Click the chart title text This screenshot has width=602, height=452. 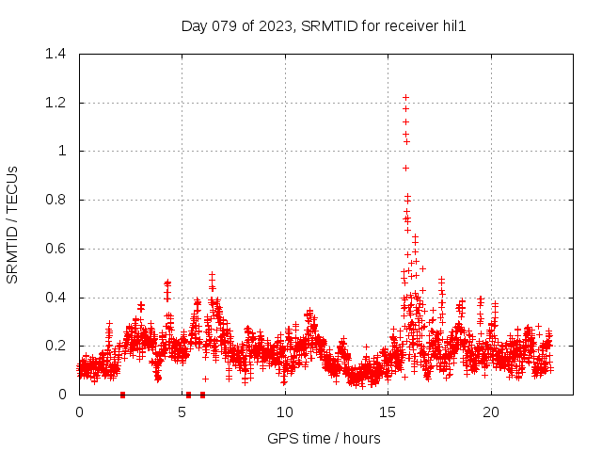pyautogui.click(x=324, y=26)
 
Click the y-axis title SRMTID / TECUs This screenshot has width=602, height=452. pyautogui.click(x=12, y=225)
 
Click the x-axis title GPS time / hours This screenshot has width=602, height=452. pyautogui.click(x=324, y=438)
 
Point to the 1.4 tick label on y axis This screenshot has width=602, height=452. pyautogui.click(x=55, y=54)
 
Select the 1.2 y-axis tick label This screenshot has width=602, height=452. pyautogui.click(x=55, y=103)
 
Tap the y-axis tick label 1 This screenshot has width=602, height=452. pyautogui.click(x=61, y=152)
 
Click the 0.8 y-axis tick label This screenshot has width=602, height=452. pyautogui.click(x=55, y=200)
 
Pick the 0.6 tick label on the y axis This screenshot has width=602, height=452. pyautogui.click(x=55, y=249)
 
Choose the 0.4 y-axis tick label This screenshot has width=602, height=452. pyautogui.click(x=55, y=298)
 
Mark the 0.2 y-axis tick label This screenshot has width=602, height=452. pyautogui.click(x=55, y=347)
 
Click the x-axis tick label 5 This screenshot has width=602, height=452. pyautogui.click(x=182, y=412)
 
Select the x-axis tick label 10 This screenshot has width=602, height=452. pyautogui.click(x=285, y=412)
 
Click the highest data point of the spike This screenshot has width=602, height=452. pyautogui.click(x=405, y=97)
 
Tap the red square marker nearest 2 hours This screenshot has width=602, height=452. pyautogui.click(x=122, y=395)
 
